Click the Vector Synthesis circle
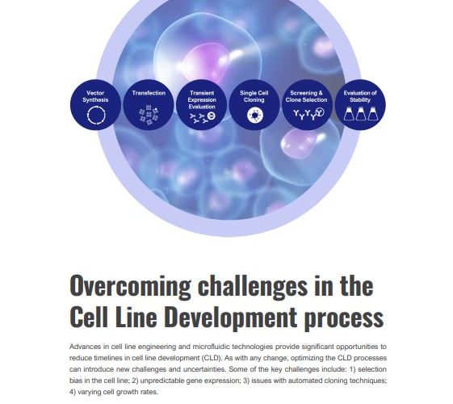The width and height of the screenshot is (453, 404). tap(95, 104)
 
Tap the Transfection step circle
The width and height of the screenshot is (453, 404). tap(149, 104)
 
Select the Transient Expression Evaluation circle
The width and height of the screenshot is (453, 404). tap(202, 104)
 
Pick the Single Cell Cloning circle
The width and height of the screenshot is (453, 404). tap(254, 104)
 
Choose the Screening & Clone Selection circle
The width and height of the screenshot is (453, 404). tap(307, 104)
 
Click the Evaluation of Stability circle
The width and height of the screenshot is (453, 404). tap(360, 104)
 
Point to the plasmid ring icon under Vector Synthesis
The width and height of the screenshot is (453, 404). tap(96, 107)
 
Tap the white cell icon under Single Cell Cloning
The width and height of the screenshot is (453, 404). tap(255, 116)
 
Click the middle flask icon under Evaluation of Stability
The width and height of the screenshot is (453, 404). tap(361, 114)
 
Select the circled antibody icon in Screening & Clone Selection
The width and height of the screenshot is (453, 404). tap(320, 112)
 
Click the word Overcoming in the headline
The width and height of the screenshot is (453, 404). tap(131, 286)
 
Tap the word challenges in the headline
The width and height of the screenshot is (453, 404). tap(253, 286)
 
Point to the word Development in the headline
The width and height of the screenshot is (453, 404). tap(232, 317)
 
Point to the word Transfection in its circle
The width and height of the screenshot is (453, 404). tap(149, 93)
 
